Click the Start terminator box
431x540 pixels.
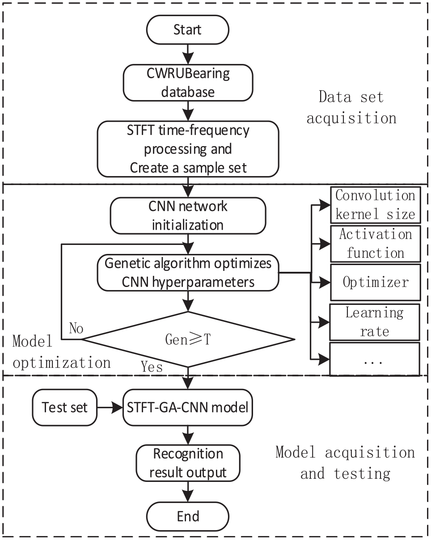(187, 30)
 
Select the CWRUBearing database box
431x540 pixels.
(188, 83)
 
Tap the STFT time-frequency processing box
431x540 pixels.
(188, 149)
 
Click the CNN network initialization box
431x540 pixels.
(188, 216)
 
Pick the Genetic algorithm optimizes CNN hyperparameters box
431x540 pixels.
(188, 273)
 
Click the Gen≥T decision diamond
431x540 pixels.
(188, 339)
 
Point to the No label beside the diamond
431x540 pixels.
(76, 328)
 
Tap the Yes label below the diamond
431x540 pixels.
(152, 367)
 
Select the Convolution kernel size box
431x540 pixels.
(375, 205)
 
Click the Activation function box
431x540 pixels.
(375, 244)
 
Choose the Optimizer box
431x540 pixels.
(375, 283)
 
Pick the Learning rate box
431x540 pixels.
(374, 322)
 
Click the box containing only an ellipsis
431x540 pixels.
(374, 359)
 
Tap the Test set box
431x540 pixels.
(64, 407)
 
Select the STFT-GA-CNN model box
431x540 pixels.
(188, 407)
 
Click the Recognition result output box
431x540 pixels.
(188, 463)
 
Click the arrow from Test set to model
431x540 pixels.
(110, 407)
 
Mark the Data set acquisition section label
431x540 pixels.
(351, 107)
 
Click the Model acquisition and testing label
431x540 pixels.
(346, 463)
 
